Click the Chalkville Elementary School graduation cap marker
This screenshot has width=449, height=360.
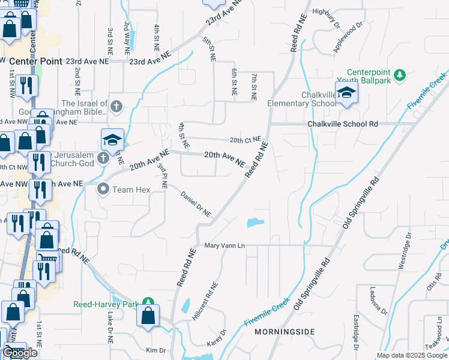coord(346,93)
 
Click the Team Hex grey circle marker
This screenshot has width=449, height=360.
coord(103,189)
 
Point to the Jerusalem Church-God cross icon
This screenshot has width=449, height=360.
coord(103,158)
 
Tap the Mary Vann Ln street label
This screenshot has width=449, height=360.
coord(224,245)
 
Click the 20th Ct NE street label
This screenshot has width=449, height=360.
coord(246,140)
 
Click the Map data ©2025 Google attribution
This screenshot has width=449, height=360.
coord(412,355)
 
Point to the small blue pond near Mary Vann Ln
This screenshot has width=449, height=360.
coord(255,223)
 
